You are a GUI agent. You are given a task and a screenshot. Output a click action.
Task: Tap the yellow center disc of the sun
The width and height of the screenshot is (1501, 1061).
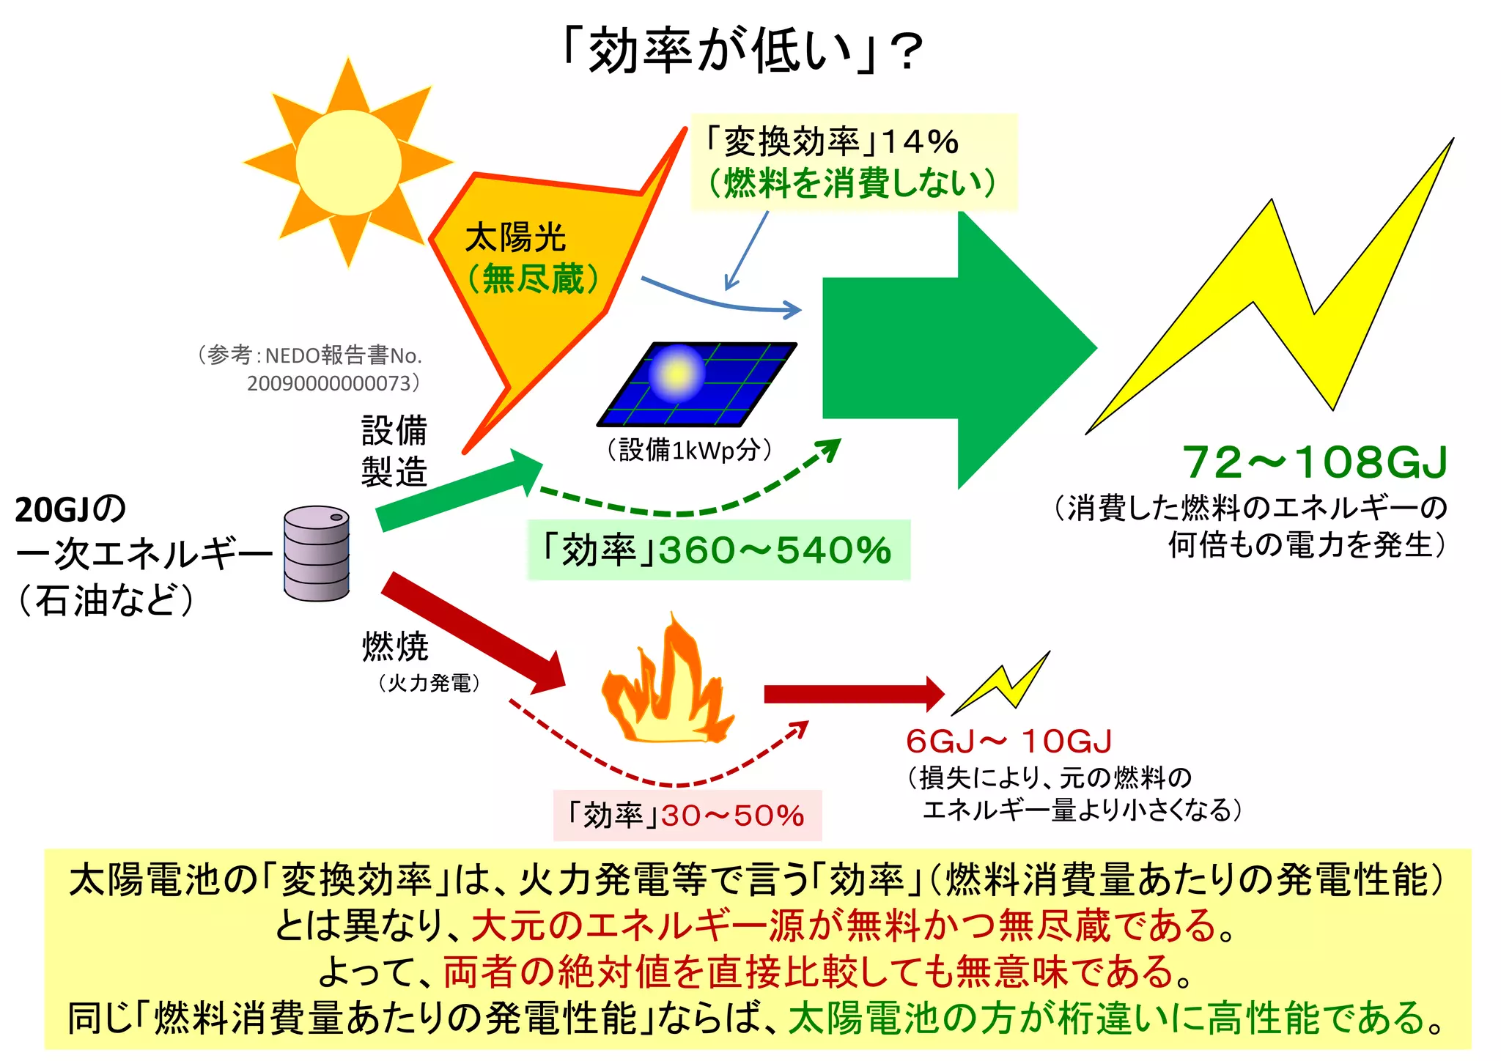click(x=348, y=163)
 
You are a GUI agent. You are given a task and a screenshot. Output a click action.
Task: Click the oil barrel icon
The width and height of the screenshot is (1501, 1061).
click(x=317, y=553)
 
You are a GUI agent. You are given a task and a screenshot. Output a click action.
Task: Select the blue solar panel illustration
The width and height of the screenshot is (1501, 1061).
click(x=696, y=384)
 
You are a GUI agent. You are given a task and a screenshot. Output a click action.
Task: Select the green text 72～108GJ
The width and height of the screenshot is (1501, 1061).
click(x=1316, y=462)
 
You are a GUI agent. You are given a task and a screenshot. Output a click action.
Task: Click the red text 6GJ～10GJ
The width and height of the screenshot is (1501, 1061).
click(x=1008, y=742)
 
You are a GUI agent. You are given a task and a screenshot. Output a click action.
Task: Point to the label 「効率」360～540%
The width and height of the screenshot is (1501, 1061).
click(x=718, y=550)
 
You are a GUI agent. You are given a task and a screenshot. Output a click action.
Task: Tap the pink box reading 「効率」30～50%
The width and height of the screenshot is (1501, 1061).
click(x=687, y=815)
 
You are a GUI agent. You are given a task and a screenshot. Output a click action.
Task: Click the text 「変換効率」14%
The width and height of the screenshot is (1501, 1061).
click(x=830, y=141)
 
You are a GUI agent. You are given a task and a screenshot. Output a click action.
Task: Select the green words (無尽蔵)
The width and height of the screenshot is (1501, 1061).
click(x=533, y=278)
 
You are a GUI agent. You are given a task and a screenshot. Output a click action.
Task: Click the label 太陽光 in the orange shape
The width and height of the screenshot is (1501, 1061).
click(x=515, y=238)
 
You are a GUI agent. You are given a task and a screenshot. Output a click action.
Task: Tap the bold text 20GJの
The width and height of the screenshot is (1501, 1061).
click(x=71, y=509)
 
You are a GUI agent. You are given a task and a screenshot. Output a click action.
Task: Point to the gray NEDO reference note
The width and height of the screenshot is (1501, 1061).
click(x=311, y=369)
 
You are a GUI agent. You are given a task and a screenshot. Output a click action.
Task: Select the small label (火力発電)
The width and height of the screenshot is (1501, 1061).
click(x=429, y=683)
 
